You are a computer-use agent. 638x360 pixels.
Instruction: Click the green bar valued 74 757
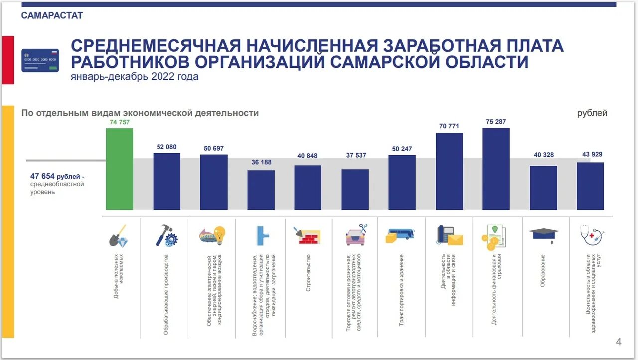119,169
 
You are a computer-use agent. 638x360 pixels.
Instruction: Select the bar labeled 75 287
496,169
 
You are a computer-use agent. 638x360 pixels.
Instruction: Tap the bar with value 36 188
261,190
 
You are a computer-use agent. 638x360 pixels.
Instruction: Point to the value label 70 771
449,126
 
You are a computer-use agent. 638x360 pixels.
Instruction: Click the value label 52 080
166,147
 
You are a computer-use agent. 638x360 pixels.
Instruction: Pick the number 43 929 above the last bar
592,154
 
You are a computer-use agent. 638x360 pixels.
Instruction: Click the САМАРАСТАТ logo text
52,15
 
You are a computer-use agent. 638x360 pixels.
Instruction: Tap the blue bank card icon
40,60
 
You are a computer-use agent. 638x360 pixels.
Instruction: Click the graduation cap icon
544,235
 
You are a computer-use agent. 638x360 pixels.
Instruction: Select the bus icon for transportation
400,235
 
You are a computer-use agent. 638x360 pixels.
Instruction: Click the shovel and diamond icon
118,235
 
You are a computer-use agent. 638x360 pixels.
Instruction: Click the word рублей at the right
592,113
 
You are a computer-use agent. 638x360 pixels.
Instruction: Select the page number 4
619,342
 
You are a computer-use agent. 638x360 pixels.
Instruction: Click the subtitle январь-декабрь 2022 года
135,77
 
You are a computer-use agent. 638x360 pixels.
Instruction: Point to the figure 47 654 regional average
42,177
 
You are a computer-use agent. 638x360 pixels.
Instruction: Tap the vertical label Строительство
309,273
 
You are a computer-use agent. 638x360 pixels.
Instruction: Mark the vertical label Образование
543,271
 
